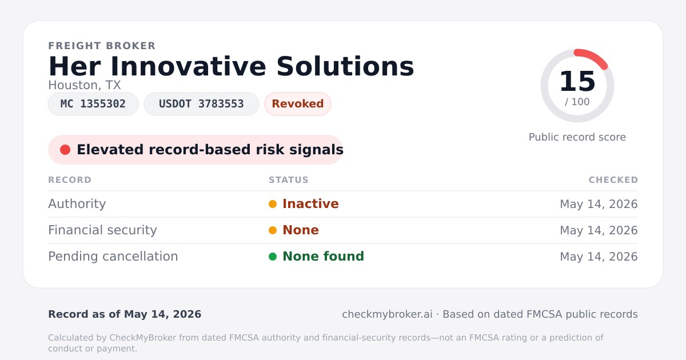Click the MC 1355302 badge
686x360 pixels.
(x=93, y=104)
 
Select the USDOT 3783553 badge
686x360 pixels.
(x=201, y=104)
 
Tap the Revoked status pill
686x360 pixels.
(x=298, y=104)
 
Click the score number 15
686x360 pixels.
(x=577, y=81)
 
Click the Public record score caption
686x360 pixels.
(x=577, y=137)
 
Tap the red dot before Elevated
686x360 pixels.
(x=65, y=150)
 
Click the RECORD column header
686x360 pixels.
(x=70, y=180)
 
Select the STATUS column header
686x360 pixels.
(x=289, y=180)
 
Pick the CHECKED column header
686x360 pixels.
(x=613, y=180)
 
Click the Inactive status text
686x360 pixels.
(x=310, y=204)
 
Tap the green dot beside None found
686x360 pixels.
(x=273, y=257)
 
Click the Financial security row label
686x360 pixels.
(x=102, y=230)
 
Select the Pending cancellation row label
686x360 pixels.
(x=113, y=257)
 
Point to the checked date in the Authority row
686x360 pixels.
(x=599, y=204)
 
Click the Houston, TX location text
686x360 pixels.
(x=85, y=85)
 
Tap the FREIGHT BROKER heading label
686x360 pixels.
(x=102, y=46)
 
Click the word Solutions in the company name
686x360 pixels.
(x=345, y=66)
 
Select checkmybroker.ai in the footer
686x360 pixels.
(x=387, y=314)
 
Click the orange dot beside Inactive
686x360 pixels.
(x=273, y=204)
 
